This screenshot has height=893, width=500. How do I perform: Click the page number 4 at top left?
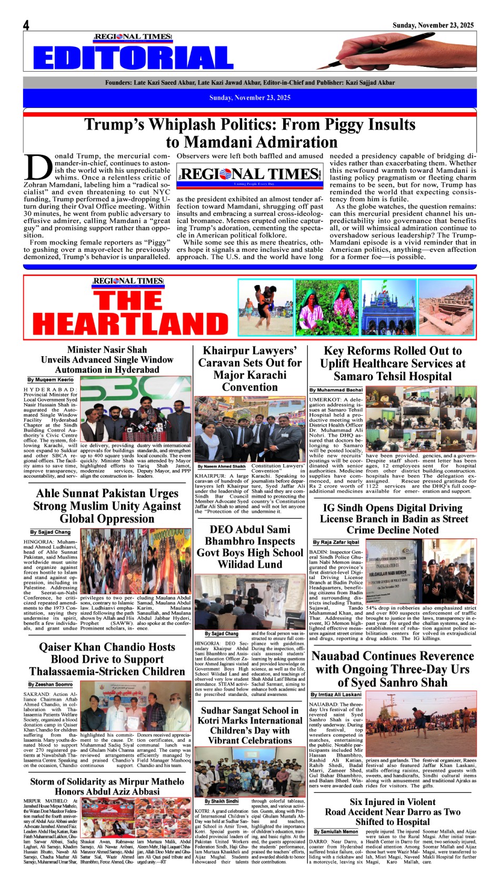click(26, 25)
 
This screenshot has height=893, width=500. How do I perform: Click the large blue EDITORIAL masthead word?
click(133, 58)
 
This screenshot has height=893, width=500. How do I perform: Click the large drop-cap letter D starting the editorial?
click(37, 168)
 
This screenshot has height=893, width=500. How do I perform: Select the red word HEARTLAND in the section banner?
click(130, 323)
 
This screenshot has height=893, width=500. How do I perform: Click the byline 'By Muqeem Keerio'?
click(51, 380)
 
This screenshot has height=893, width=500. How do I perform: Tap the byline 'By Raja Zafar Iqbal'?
click(336, 542)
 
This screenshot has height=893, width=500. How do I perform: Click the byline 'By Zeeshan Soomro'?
click(51, 684)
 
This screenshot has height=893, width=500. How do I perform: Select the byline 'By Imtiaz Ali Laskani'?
click(336, 694)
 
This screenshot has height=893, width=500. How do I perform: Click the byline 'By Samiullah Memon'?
click(336, 831)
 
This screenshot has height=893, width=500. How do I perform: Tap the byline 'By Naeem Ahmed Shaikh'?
click(222, 466)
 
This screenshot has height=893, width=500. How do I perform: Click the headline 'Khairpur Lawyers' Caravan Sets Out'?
click(250, 369)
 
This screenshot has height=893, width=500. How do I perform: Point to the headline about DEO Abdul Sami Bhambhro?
click(250, 547)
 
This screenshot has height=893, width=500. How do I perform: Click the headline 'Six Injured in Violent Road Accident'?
click(393, 811)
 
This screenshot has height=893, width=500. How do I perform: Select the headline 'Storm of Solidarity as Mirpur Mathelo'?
click(107, 786)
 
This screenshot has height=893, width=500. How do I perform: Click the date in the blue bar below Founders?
click(250, 97)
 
